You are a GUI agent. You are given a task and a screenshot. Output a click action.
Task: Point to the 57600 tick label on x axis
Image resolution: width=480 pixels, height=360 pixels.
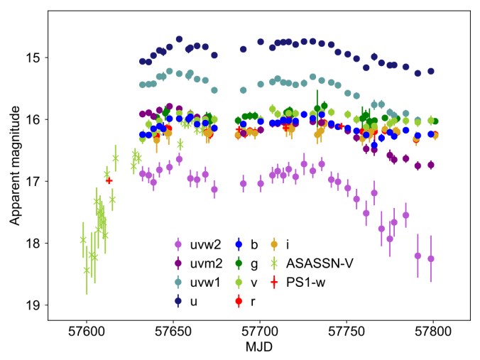coord(87,332)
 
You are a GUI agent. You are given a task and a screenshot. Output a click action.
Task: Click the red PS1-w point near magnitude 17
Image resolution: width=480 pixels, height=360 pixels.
coord(109,180)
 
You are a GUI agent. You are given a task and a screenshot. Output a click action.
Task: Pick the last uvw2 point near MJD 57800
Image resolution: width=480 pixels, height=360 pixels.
coord(430,259)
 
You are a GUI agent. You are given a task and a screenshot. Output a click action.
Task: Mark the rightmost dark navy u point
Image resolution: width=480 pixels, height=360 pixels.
coord(430,71)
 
